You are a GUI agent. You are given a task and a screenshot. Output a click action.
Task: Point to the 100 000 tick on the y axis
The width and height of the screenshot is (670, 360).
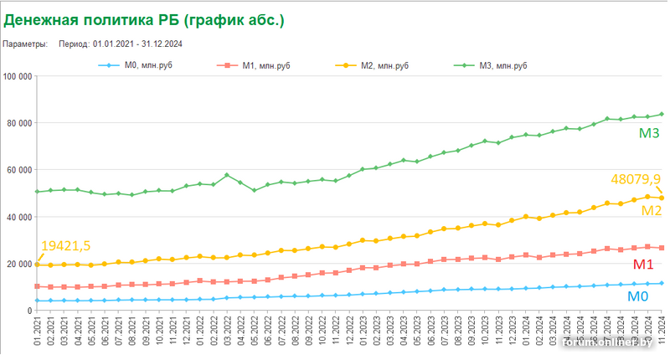(18, 76)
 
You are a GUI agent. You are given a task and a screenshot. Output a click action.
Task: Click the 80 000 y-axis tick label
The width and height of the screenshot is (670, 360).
(19, 123)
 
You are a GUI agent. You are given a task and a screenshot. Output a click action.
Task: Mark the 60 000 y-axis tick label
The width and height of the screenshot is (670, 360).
(19, 170)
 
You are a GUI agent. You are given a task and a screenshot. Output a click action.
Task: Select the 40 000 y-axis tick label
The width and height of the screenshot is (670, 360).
(19, 217)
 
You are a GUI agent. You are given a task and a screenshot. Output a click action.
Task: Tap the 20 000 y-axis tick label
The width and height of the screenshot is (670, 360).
(19, 264)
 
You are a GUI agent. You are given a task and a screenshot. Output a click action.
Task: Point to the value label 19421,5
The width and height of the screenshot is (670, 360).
(65, 245)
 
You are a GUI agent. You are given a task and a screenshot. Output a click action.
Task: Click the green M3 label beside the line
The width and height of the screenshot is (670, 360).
(651, 133)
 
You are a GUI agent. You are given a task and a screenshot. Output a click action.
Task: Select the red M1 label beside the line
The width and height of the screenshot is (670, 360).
(642, 265)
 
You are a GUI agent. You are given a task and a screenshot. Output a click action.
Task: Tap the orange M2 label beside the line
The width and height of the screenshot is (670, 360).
(652, 211)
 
